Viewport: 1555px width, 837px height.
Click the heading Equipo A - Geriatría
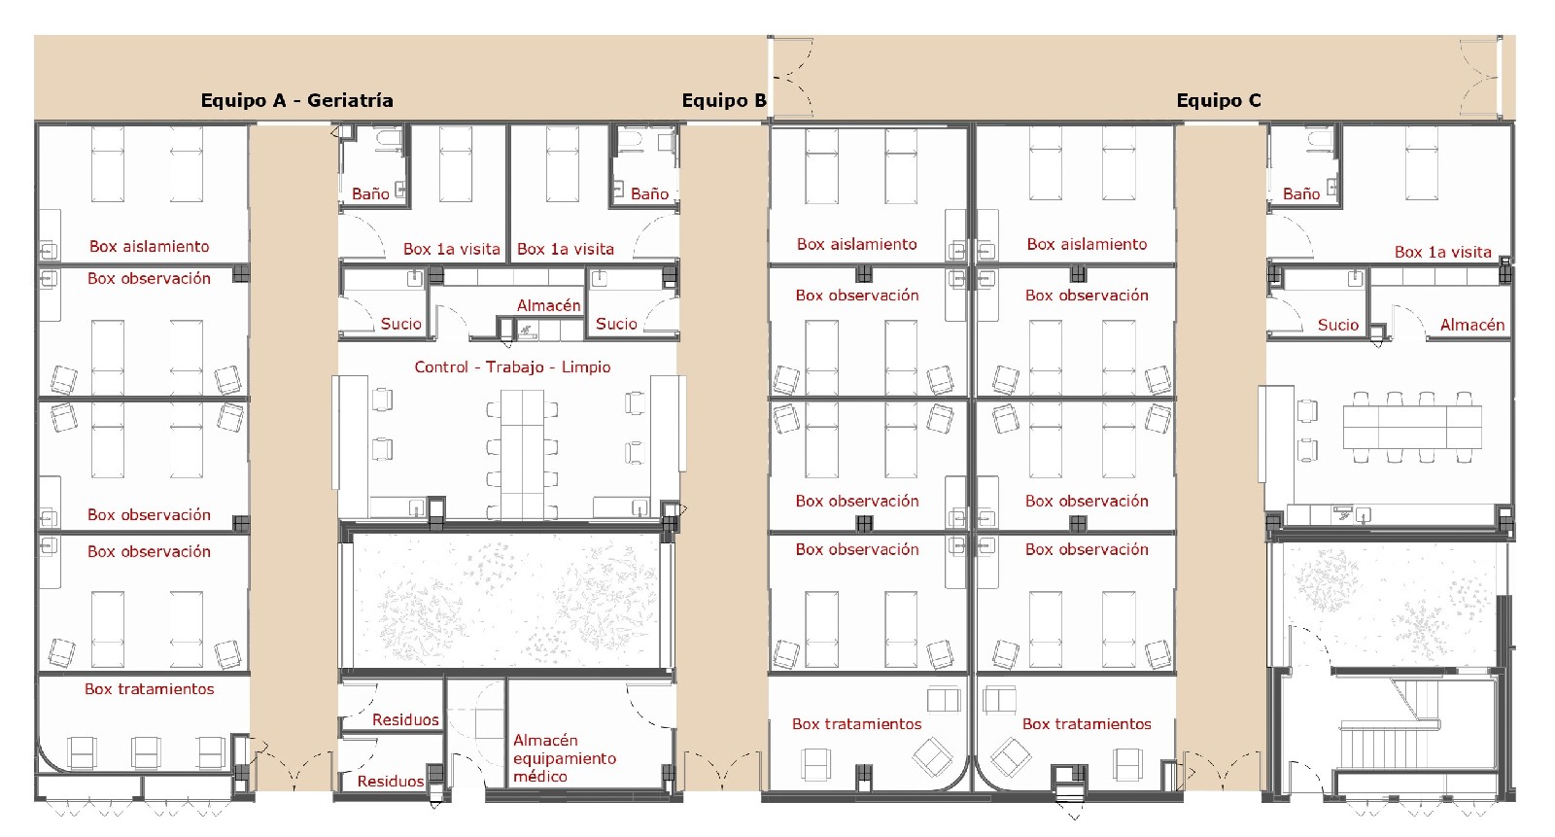296,101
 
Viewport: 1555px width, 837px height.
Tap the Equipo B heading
724,101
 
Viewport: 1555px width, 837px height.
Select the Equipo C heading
1219,101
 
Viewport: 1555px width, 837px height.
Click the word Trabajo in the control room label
514,366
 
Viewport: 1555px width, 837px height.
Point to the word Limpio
586,366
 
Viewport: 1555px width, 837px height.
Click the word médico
540,777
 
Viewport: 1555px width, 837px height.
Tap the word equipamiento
565,758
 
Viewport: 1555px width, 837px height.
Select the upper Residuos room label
405,719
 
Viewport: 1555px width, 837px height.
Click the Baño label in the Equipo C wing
1301,193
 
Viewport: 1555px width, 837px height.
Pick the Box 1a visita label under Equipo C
1442,252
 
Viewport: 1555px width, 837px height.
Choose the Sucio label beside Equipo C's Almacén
1337,325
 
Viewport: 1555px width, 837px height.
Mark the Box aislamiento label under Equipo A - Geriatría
150,247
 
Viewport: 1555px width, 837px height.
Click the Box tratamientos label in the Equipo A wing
150,689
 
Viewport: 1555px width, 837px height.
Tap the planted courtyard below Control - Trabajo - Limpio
506,602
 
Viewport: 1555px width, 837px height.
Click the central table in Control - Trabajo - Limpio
522,455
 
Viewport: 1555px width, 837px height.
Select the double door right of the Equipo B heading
792,77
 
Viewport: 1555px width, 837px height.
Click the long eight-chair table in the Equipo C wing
1412,427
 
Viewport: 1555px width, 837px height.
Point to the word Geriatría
350,101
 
